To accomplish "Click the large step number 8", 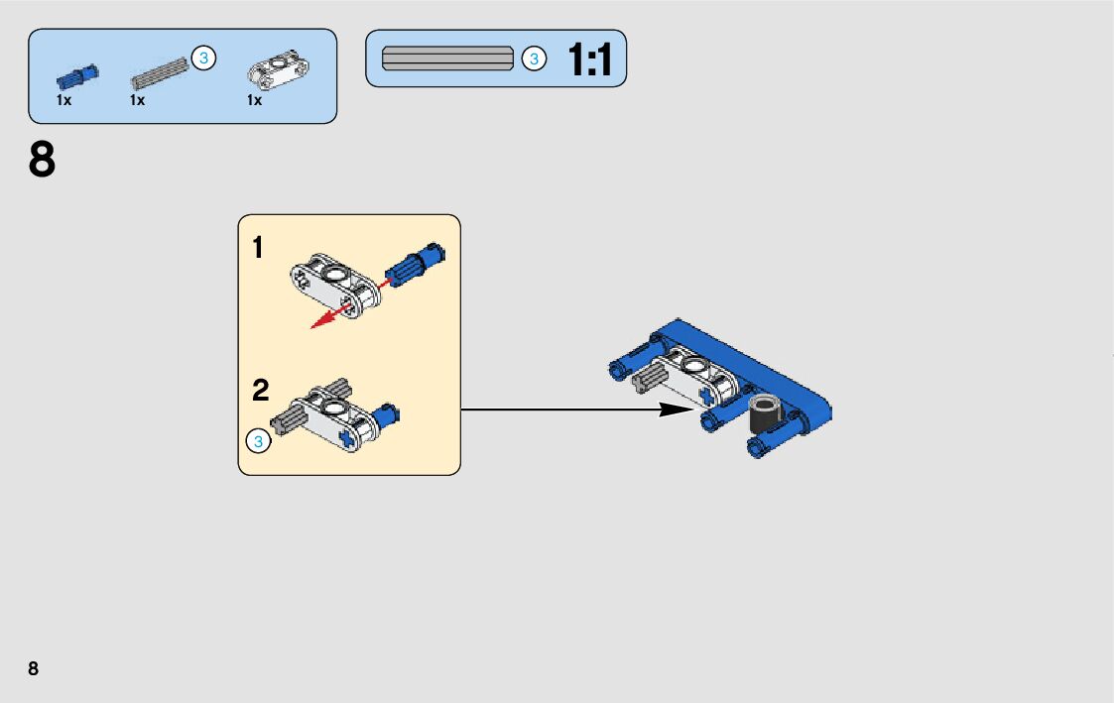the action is (x=43, y=161).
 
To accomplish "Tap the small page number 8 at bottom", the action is (x=34, y=668).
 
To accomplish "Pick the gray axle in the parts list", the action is (x=159, y=72).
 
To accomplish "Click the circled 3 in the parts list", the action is (x=203, y=59).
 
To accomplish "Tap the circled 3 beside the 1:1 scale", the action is (x=534, y=59).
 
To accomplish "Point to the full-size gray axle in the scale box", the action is (x=448, y=59).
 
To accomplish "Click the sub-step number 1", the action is (x=258, y=248).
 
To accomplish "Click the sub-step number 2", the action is (x=260, y=391).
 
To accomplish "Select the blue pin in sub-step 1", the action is (x=415, y=265).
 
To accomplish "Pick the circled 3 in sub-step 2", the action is (x=258, y=442).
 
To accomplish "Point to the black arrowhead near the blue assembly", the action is (x=679, y=409).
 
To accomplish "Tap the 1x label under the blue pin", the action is (x=63, y=100).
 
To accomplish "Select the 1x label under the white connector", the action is (x=254, y=100).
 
